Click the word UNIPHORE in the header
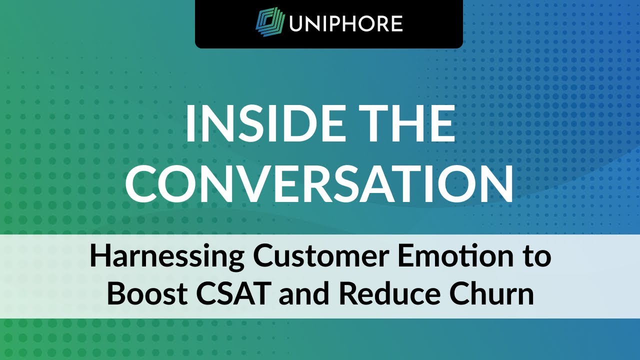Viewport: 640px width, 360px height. (x=345, y=23)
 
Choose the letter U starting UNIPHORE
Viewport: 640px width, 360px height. (x=297, y=23)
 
